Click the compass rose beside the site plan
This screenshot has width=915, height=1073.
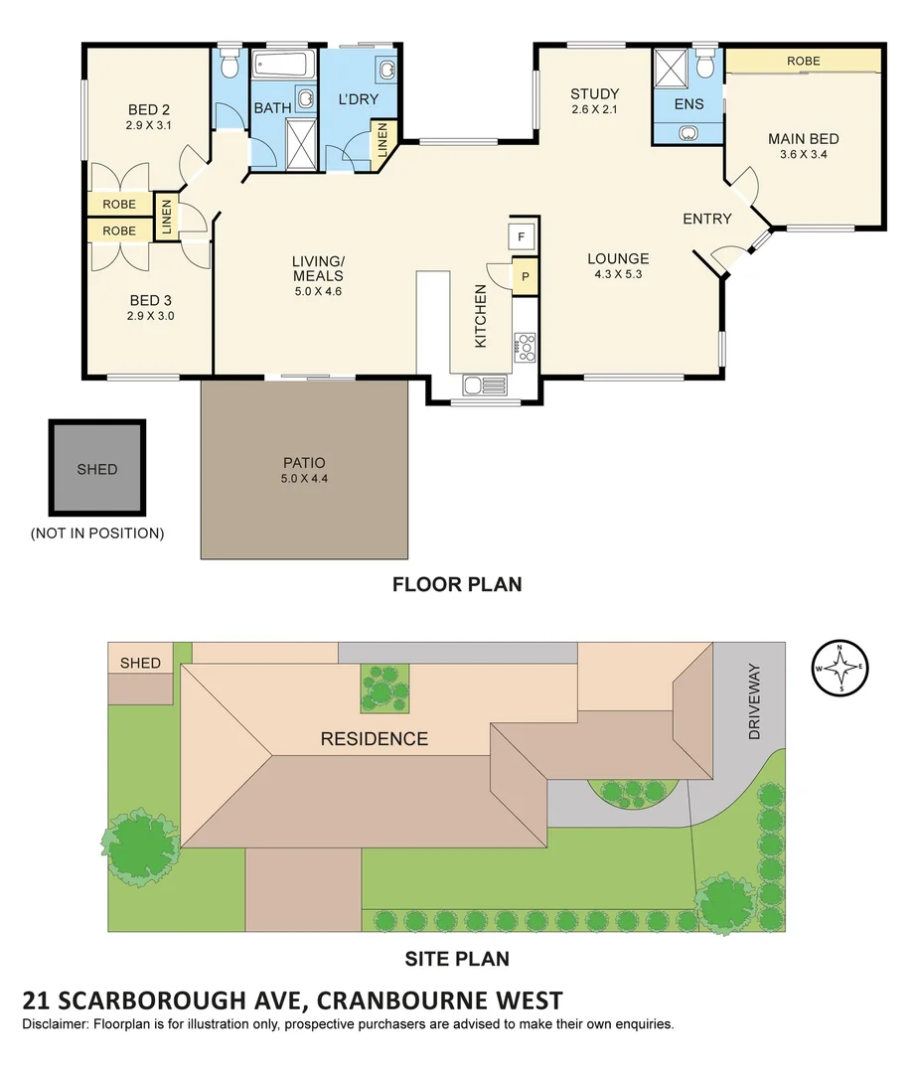click(841, 668)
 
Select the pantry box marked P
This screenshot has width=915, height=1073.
click(524, 276)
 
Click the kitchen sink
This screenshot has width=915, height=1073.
click(486, 385)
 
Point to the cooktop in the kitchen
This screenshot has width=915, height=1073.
click(525, 347)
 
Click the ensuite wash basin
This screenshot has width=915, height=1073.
click(687, 132)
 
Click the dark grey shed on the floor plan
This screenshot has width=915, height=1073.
click(97, 469)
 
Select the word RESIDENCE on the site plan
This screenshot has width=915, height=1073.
click(374, 739)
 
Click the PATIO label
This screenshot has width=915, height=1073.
click(304, 462)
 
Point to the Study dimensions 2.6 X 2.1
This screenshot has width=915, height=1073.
click(594, 109)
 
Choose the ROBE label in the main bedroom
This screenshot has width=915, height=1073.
click(803, 61)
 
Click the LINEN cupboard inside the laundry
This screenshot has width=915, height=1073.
click(381, 143)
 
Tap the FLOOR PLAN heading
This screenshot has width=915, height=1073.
click(457, 584)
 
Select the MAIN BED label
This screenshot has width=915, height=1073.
click(803, 139)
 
